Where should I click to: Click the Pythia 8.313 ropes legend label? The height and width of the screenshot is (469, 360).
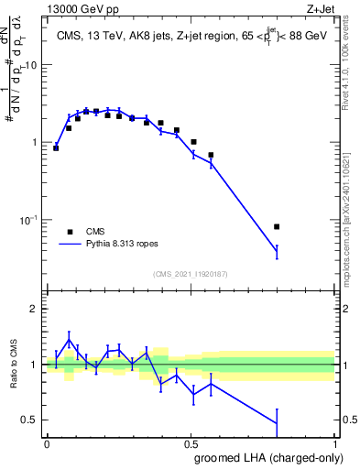pyautogui.click(x=124, y=245)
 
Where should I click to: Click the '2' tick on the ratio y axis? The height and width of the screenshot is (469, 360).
pyautogui.click(x=36, y=309)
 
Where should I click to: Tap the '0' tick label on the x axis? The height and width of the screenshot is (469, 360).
pyautogui.click(x=47, y=442)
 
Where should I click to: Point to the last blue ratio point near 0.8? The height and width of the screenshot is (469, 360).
pyautogui.click(x=277, y=423)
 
